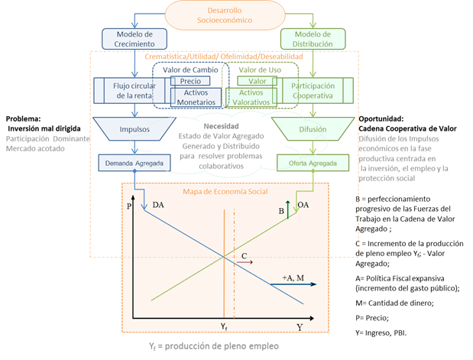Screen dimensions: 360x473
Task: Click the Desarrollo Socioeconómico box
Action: pyautogui.click(x=236, y=14)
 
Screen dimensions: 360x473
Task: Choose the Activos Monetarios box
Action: pyautogui.click(x=196, y=97)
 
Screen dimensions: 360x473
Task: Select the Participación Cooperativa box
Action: pyautogui.click(x=316, y=91)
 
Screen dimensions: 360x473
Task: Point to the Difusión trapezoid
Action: pyautogui.click(x=315, y=131)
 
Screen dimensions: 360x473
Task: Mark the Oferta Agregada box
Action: pyautogui.click(x=315, y=163)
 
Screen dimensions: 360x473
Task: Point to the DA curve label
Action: pyautogui.click(x=158, y=204)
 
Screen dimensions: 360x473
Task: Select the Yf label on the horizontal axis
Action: pyautogui.click(x=224, y=327)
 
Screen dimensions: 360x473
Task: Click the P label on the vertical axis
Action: pyautogui.click(x=130, y=206)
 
